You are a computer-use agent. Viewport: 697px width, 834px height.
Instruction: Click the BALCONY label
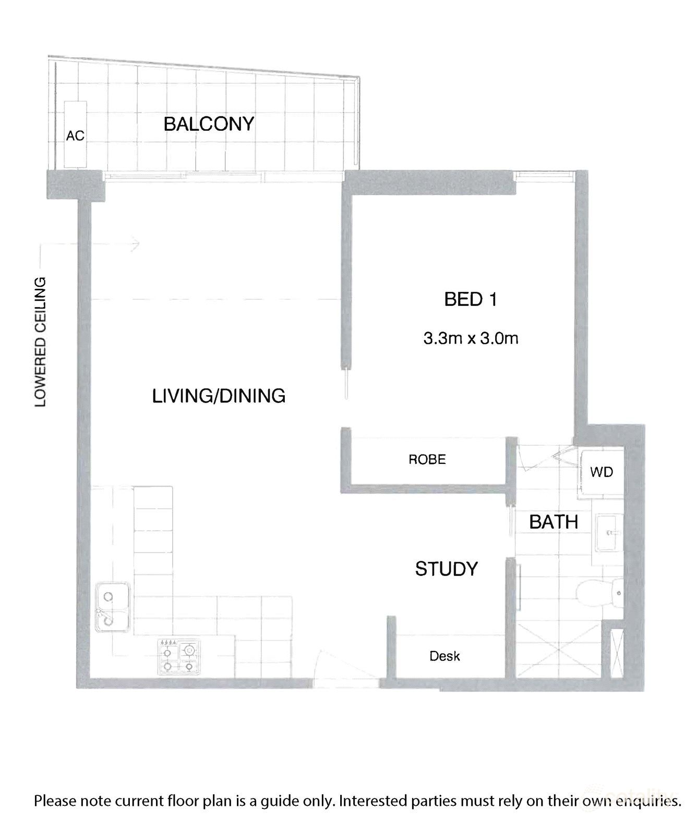[209, 124]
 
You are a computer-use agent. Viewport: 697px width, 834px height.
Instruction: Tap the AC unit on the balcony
[75, 134]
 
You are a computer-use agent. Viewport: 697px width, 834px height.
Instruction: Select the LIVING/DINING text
[219, 396]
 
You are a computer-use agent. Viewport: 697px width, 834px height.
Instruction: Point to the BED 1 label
[470, 300]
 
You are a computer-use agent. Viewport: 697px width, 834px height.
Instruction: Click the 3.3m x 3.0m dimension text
[471, 339]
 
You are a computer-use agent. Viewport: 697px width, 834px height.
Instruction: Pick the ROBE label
[427, 459]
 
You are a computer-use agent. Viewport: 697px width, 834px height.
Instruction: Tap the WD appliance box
[602, 472]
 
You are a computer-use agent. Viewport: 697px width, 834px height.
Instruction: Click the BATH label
[554, 522]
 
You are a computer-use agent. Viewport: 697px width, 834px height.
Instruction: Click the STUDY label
[447, 569]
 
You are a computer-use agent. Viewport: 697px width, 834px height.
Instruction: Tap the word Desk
[444, 656]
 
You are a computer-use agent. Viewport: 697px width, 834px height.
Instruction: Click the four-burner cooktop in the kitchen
[178, 658]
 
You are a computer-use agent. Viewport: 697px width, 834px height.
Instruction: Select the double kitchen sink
[112, 607]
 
